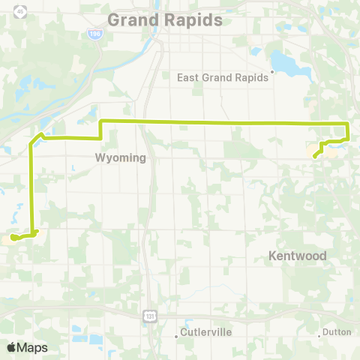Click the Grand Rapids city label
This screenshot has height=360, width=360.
click(x=165, y=19)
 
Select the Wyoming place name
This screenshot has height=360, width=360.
click(x=119, y=158)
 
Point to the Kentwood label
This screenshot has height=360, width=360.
click(x=298, y=256)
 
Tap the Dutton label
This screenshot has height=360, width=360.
click(x=335, y=331)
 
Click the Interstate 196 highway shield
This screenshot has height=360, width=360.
click(x=93, y=34)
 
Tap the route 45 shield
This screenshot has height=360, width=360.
click(x=19, y=10)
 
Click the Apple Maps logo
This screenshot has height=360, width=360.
click(x=26, y=347)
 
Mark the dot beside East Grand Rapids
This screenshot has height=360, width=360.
click(x=273, y=73)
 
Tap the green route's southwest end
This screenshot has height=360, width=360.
click(x=13, y=238)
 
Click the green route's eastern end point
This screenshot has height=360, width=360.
click(x=314, y=155)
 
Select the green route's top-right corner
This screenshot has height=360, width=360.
click(x=347, y=123)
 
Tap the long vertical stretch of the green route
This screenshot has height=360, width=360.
click(x=31, y=187)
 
